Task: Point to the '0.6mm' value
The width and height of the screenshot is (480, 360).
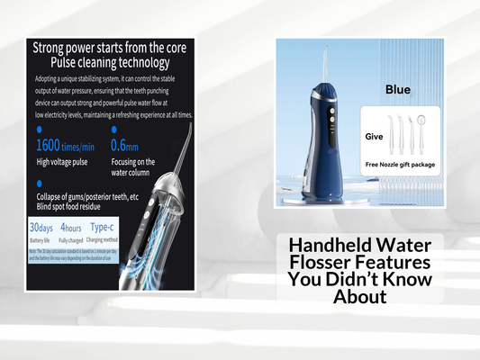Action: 150,145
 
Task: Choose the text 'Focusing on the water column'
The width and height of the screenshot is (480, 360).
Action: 158,168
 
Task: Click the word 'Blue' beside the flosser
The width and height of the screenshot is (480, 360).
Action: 397,89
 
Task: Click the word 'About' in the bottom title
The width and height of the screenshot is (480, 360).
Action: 359,296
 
